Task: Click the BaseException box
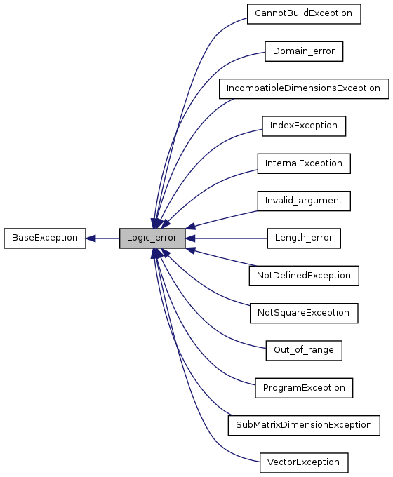coord(44,238)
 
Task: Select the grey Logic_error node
coord(152,238)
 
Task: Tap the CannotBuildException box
coord(303,14)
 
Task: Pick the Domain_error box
coord(303,51)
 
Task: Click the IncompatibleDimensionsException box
coord(303,88)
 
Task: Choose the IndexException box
coord(303,126)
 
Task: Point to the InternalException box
coord(303,163)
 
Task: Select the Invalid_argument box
coord(303,201)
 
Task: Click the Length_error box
coord(303,238)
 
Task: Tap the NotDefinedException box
coord(303,276)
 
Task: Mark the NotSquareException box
coord(303,313)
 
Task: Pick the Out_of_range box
coord(303,350)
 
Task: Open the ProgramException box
coord(303,387)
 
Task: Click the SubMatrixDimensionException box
coord(303,425)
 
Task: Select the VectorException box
coord(303,462)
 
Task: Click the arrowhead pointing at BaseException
coord(91,238)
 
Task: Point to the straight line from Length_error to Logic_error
coord(232,238)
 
